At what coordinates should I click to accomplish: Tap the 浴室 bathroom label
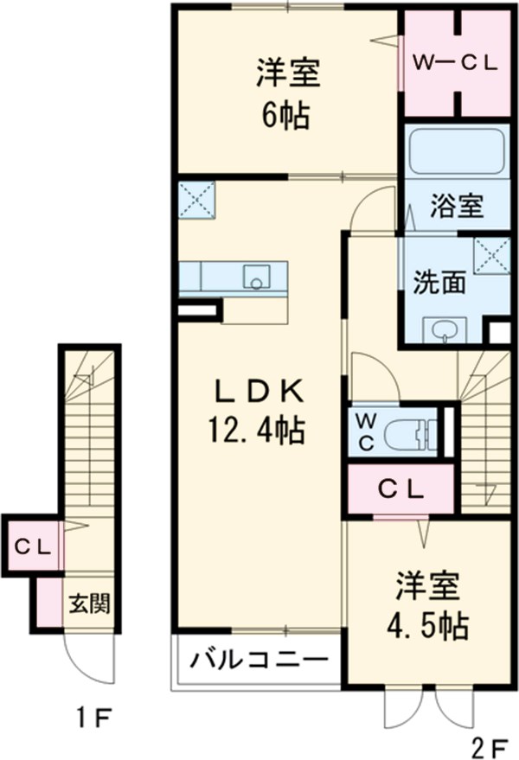pos(457,207)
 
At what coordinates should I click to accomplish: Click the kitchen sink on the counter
pos(256,278)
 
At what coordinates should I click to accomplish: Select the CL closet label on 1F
pos(32,546)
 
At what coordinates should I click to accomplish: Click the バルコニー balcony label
pos(258,661)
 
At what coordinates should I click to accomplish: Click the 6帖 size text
pos(287,115)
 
